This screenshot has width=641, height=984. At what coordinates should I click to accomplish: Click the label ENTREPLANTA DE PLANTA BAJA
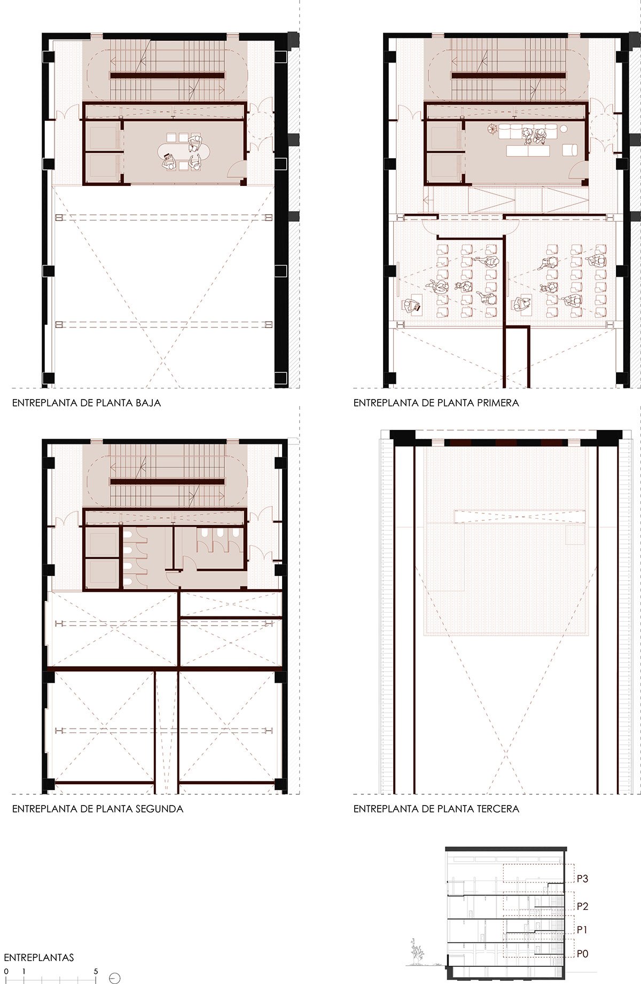point(87,403)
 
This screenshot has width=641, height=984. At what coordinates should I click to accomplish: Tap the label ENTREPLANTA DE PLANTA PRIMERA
point(436,403)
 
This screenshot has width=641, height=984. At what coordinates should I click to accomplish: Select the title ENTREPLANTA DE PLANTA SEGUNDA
point(98,809)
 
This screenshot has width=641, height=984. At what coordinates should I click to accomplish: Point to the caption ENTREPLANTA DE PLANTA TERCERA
point(436,809)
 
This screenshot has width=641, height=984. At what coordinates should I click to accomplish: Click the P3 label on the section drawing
point(582,878)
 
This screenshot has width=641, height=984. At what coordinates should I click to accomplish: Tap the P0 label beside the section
point(582,954)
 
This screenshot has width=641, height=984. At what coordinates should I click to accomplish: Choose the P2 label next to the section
point(582,906)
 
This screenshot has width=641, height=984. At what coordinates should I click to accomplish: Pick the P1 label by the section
point(582,930)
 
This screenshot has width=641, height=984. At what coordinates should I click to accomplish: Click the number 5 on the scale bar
point(96,971)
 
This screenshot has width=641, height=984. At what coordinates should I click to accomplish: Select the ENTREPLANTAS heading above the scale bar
point(39,957)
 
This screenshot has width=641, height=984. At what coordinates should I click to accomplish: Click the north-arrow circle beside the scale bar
point(114,978)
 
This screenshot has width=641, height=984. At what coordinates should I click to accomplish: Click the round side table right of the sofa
point(564,128)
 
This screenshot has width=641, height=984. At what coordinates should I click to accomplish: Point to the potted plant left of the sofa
point(492,128)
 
